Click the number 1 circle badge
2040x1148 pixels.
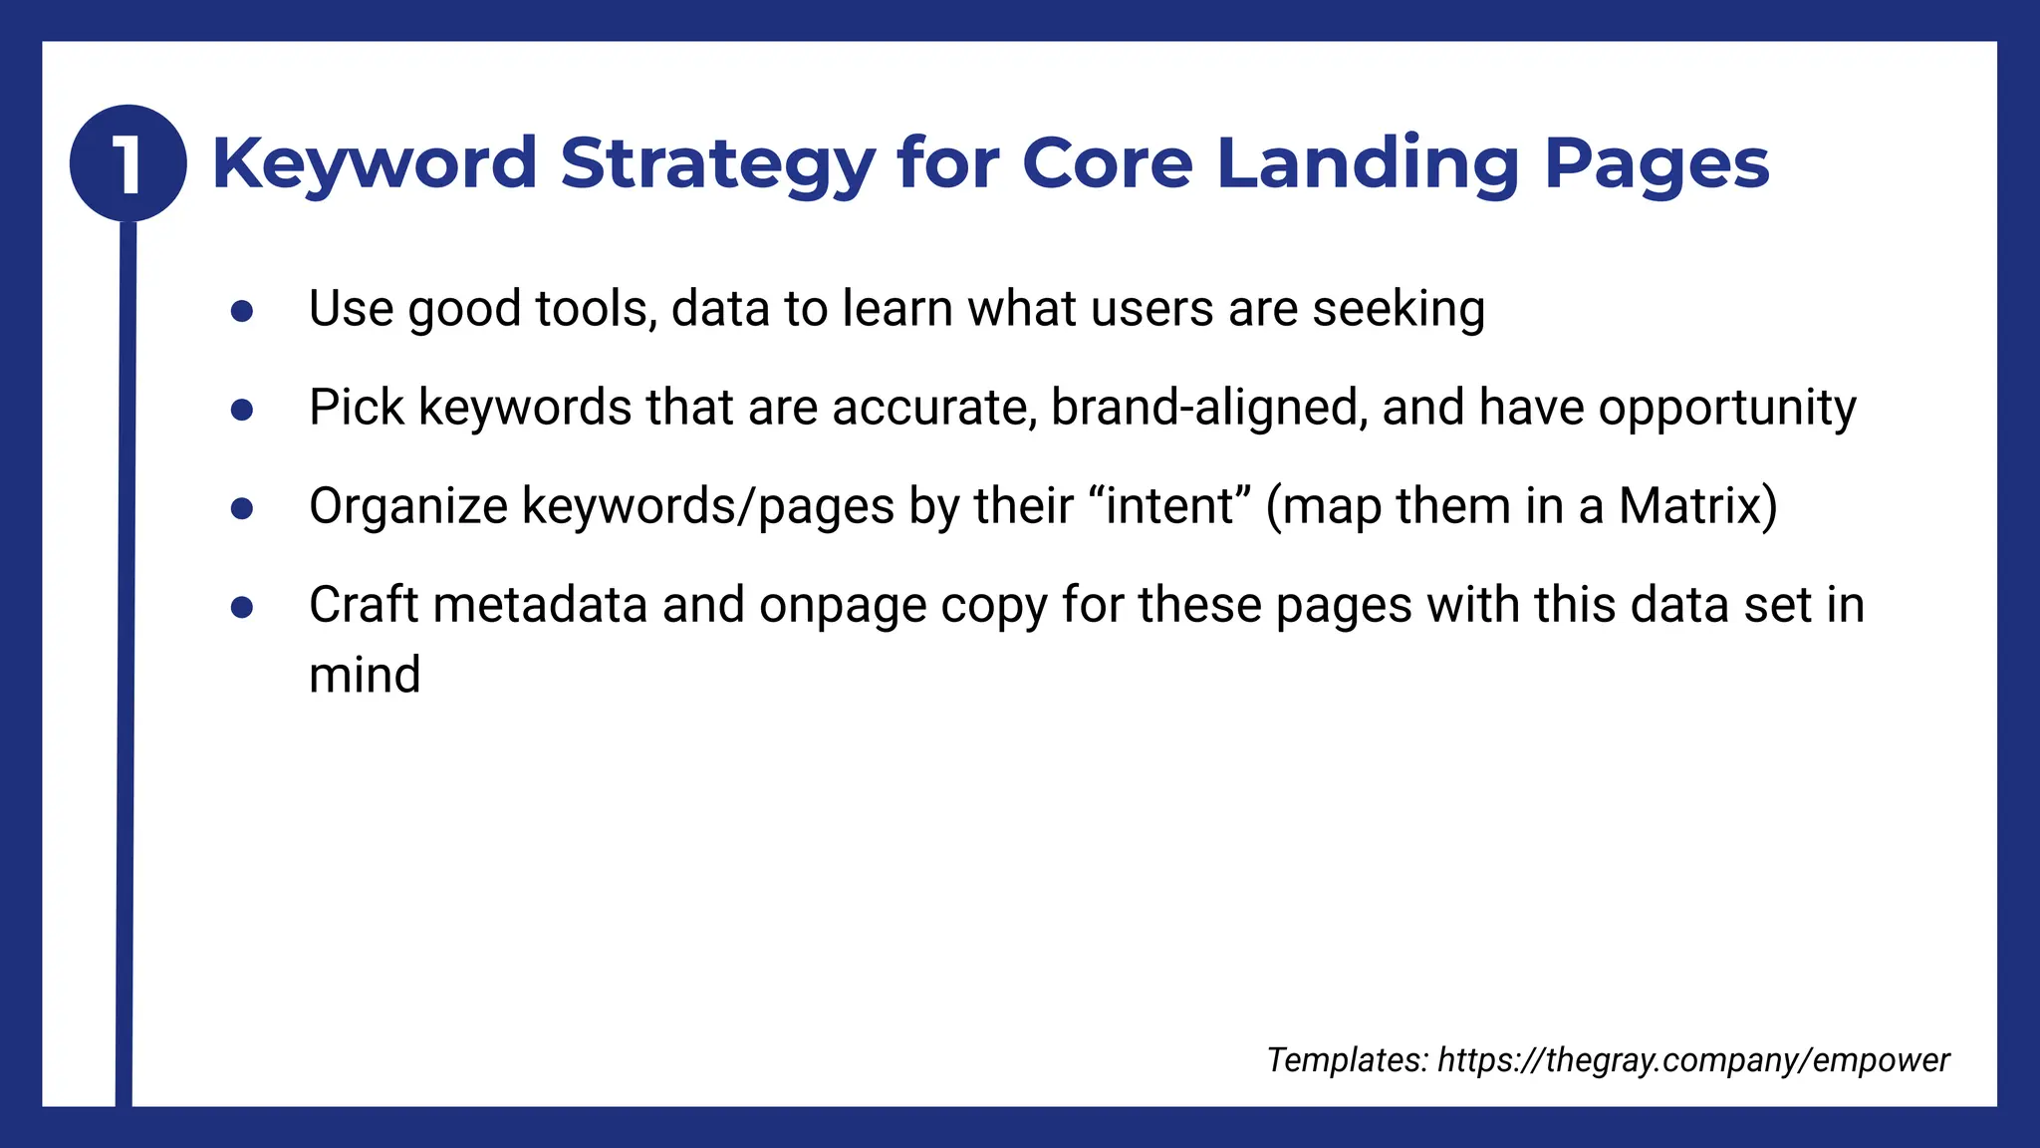127,162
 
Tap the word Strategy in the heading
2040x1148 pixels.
717,163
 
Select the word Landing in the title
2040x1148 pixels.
1367,163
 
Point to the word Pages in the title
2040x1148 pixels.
1656,163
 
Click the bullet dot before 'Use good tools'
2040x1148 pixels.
241,311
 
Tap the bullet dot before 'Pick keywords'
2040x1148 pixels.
241,410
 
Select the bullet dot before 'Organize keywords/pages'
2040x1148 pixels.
241,508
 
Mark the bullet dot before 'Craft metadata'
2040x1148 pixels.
241,607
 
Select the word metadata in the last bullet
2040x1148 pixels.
541,605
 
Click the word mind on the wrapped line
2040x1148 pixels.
365,675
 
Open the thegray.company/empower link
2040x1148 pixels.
1693,1060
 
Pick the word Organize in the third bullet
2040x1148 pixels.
408,506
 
